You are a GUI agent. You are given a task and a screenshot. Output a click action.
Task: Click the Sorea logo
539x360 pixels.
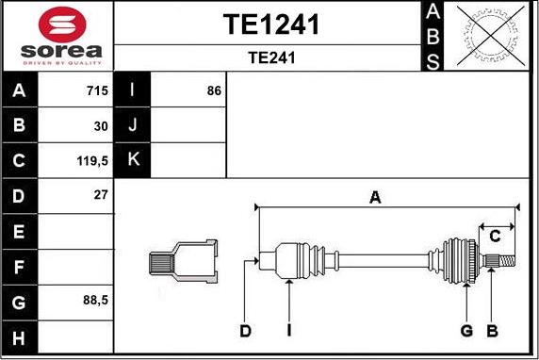point(57,35)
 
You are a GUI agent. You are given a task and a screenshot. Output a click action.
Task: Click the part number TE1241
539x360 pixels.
point(270,24)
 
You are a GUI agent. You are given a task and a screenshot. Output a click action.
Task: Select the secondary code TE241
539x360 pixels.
point(271,57)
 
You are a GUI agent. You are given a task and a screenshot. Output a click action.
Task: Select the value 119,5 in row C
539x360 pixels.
point(93,160)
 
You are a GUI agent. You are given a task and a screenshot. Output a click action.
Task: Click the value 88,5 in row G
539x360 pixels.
point(94,302)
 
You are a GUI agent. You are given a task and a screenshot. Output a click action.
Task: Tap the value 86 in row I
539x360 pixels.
point(214,91)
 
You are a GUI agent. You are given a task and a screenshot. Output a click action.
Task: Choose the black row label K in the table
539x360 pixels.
point(133,160)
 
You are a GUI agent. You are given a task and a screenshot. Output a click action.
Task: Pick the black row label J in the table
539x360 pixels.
point(133,125)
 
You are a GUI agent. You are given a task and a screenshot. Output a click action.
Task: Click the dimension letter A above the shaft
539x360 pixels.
point(375,197)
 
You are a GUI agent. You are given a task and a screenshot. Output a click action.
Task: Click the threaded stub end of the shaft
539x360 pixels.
point(505,260)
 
